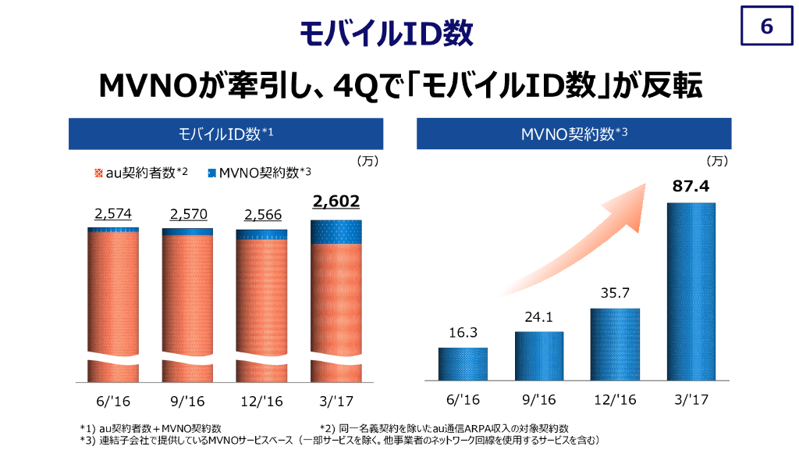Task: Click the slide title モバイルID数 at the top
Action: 386,34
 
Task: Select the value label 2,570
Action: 186,215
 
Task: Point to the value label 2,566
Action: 262,215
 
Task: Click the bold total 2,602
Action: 336,202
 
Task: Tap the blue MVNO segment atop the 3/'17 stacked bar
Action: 336,231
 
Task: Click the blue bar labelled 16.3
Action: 463,364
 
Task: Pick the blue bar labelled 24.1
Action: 538,356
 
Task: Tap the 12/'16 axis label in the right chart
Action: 615,400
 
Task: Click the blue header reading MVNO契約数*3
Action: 574,134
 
